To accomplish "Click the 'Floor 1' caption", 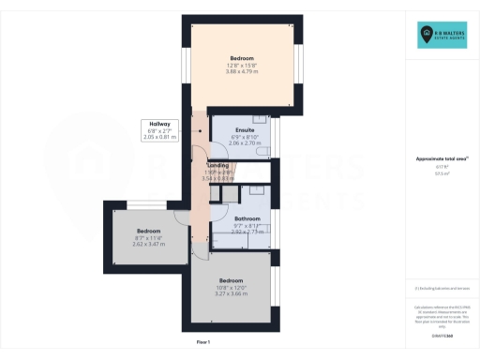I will (203, 343).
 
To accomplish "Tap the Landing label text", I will (217, 165).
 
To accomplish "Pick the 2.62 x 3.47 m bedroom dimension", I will (149, 244).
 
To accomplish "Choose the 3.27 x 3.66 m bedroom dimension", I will (232, 294).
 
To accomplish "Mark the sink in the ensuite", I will (260, 119).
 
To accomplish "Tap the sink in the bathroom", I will (256, 190).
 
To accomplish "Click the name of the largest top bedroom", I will (242, 58).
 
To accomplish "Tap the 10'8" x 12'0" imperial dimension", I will (232, 288).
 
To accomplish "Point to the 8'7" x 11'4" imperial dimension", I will (149, 237).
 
